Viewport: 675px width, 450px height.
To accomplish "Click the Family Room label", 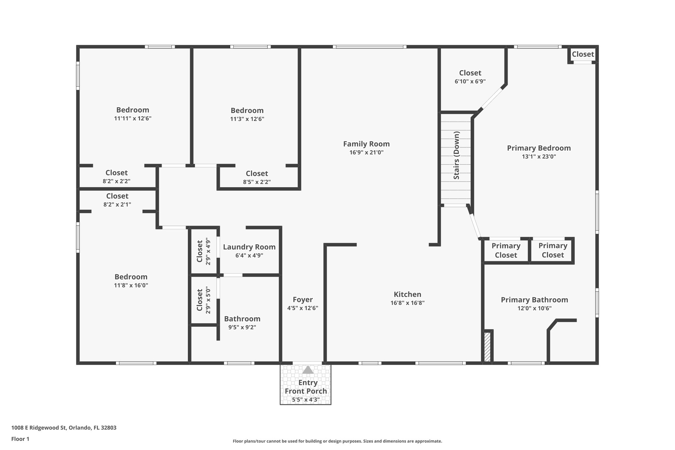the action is coord(366,144).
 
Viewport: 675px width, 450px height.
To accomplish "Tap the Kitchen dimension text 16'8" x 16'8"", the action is coord(407,303).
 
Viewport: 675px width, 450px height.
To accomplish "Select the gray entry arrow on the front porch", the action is coord(308,370).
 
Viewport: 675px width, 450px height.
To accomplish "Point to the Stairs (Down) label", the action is coord(456,156).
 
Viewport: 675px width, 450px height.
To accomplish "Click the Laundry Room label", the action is coord(249,247).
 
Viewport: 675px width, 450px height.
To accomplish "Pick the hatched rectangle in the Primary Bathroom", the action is coord(487,347).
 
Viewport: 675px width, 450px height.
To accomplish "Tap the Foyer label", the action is coord(303,300).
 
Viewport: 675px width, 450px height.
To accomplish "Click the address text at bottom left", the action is coord(64,428).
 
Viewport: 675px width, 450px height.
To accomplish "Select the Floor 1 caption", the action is coord(20,439).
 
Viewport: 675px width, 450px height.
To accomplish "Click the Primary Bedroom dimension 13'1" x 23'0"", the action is coord(539,157).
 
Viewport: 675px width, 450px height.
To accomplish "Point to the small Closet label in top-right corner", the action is coord(583,54).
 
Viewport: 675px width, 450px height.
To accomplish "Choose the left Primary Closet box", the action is coord(506,250).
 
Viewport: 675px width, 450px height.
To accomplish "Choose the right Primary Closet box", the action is coord(553,250).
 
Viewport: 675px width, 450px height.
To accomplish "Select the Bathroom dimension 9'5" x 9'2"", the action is coord(242,327).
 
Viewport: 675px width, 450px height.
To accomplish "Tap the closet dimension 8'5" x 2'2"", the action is coord(257,182).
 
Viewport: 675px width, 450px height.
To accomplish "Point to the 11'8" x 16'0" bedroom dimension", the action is coord(131,285).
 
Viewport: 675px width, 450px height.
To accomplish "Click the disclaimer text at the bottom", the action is coord(337,441).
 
